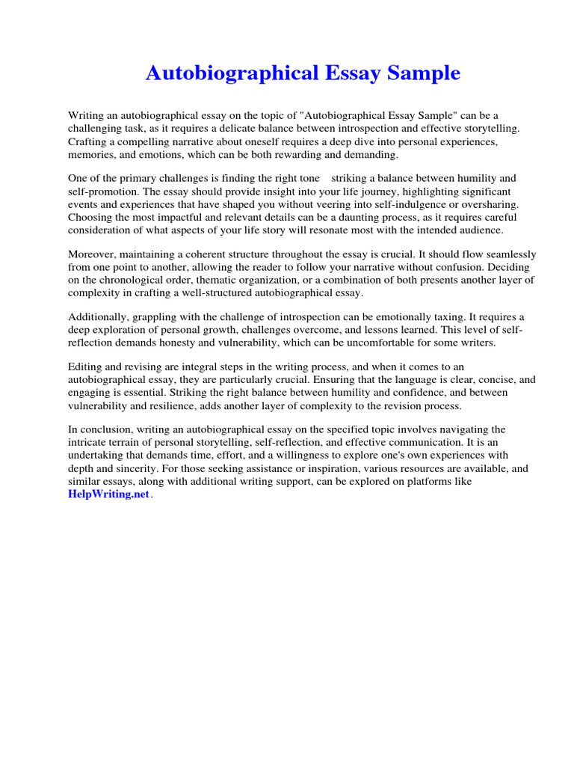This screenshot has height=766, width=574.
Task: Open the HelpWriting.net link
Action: [108, 496]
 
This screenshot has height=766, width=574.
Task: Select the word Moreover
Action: [93, 254]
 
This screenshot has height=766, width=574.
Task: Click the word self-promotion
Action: [104, 191]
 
